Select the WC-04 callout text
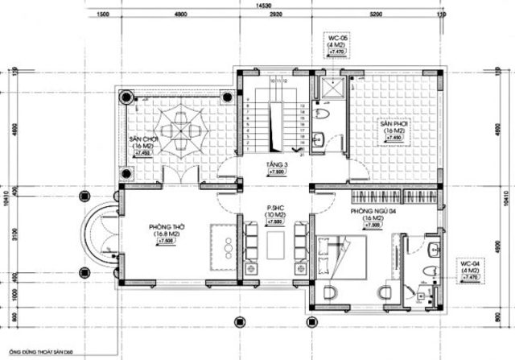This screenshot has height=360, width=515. [470, 263]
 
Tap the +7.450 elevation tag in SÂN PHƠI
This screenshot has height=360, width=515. [393, 139]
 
